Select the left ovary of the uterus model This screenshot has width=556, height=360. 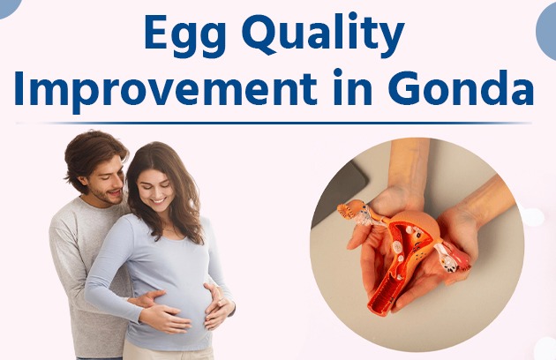tap(352, 212)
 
